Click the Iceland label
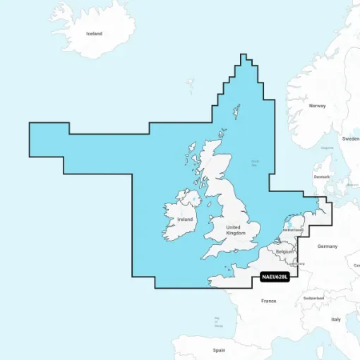pos(94,33)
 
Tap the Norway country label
pos(317,106)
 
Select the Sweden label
pos(350,139)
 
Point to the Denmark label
pos(321,176)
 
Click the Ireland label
pos(185,220)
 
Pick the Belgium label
pos(284,251)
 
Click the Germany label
pos(328,246)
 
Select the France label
pos(268,301)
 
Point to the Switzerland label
pos(313,299)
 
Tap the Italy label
pos(335,320)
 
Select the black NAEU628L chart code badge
pos(275,277)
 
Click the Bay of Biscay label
pos(219,322)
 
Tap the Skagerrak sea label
pos(327,148)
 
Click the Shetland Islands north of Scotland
pos(234,111)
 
